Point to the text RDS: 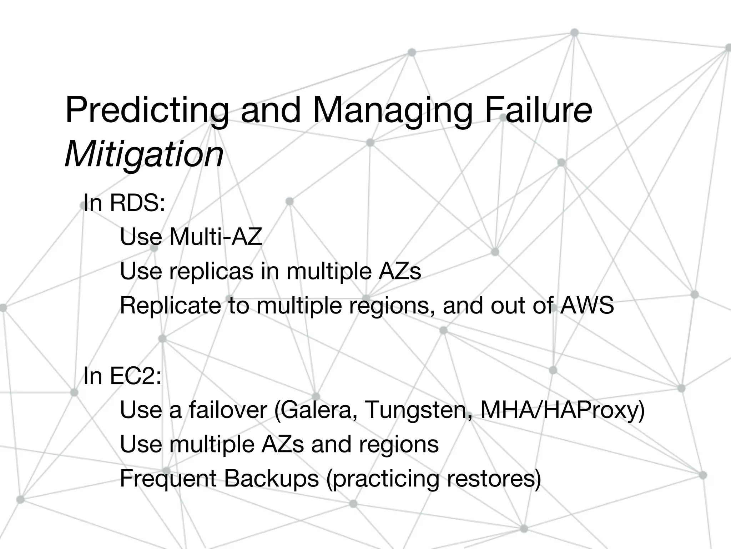pyautogui.click(x=137, y=203)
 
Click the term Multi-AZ pyautogui.click(x=216, y=237)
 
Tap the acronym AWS pyautogui.click(x=587, y=305)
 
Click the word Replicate pyautogui.click(x=170, y=305)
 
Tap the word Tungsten pyautogui.click(x=418, y=410)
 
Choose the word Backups pyautogui.click(x=271, y=479)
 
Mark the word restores pyautogui.click(x=493, y=479)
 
